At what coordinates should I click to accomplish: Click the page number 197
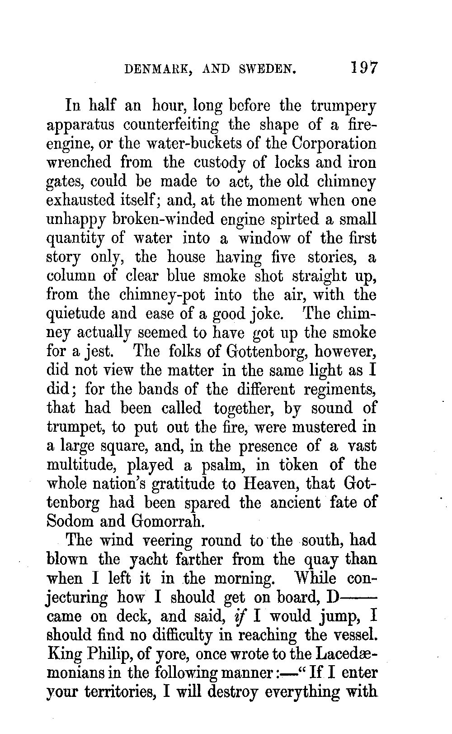click(x=363, y=68)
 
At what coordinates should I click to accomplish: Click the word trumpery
click(x=344, y=106)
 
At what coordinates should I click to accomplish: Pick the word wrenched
click(x=79, y=162)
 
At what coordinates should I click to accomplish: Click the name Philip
click(x=109, y=654)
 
